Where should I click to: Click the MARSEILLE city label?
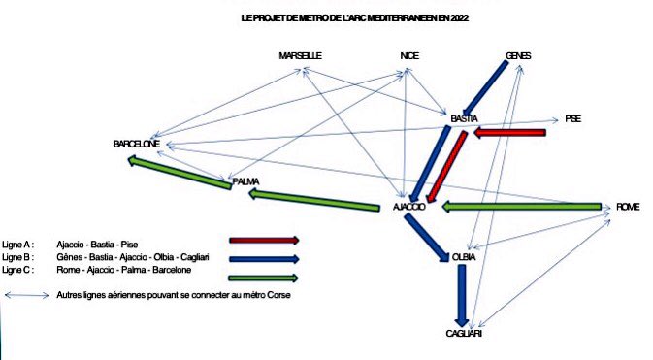point(300,56)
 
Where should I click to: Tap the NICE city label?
point(409,56)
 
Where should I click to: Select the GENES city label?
point(519,56)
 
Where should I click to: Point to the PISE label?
point(573,118)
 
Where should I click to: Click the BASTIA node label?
point(464,118)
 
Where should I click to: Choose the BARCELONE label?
point(136,144)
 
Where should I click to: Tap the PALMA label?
point(245,181)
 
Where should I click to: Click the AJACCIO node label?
point(408,208)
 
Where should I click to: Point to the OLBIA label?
point(463,257)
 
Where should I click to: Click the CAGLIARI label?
point(464,333)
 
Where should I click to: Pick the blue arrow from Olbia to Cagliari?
point(463,295)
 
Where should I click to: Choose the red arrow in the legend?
point(264,240)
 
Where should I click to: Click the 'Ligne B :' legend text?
point(18,257)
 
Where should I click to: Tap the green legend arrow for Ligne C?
point(264,278)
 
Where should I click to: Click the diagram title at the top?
point(361,18)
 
